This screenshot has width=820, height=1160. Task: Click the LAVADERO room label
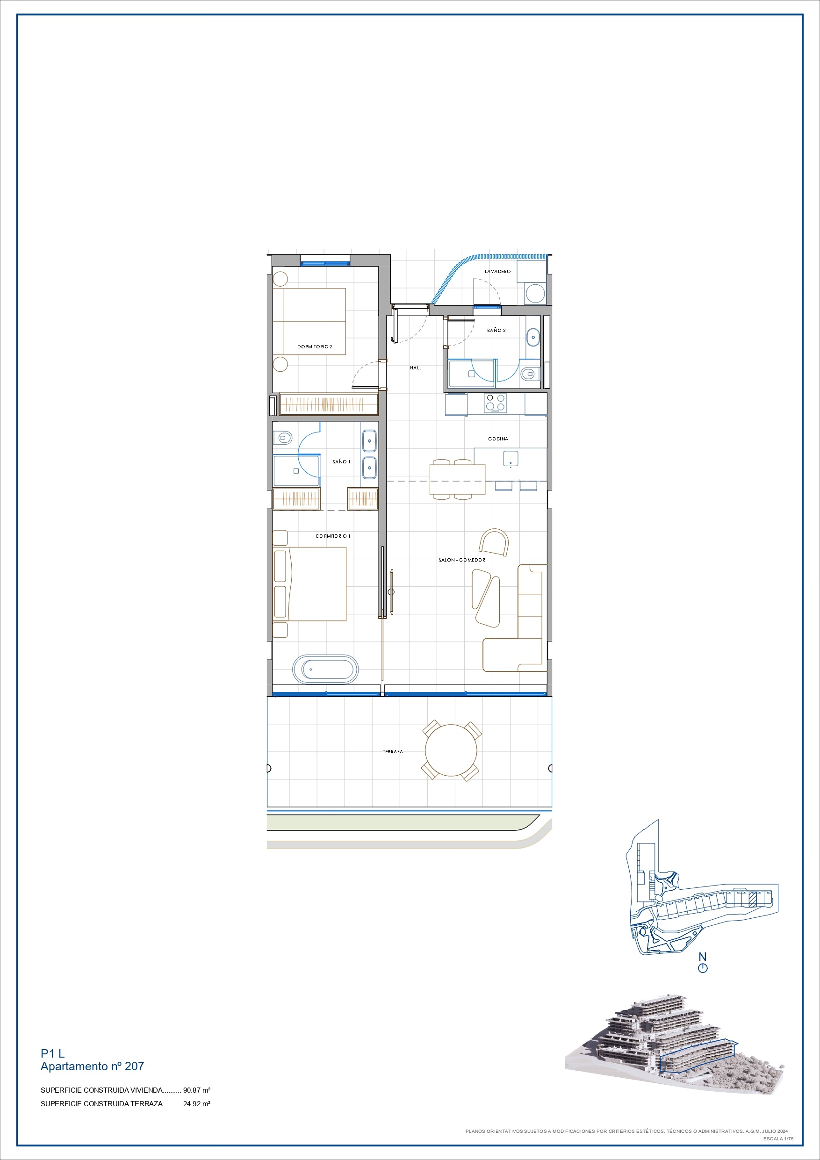coord(498,271)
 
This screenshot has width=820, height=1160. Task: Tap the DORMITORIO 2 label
coord(315,346)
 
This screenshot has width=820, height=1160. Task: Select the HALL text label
coord(416,368)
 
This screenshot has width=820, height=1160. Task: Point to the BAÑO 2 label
coord(496,331)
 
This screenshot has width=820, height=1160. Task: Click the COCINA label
coord(498,439)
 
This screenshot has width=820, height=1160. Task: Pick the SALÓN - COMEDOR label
coord(462,560)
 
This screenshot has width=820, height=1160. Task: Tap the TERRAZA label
coord(393,752)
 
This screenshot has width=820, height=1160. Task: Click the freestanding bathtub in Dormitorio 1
coord(325,670)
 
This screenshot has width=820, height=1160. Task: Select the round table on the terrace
coord(451,750)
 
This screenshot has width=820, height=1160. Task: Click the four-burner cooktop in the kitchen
coord(495,403)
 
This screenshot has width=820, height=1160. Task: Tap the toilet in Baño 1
coord(283,438)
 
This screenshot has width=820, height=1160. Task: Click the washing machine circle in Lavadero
coord(535,293)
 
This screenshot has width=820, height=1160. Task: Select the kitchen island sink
coord(511,459)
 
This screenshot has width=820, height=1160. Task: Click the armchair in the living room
coord(494,543)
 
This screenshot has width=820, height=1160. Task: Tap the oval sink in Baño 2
coord(533,337)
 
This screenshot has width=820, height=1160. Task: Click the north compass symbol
coord(702,968)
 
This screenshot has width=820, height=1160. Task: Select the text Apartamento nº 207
coord(93,1066)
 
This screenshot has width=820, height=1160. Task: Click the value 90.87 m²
coord(196,1090)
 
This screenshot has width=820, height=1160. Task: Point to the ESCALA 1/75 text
coord(778,1139)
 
